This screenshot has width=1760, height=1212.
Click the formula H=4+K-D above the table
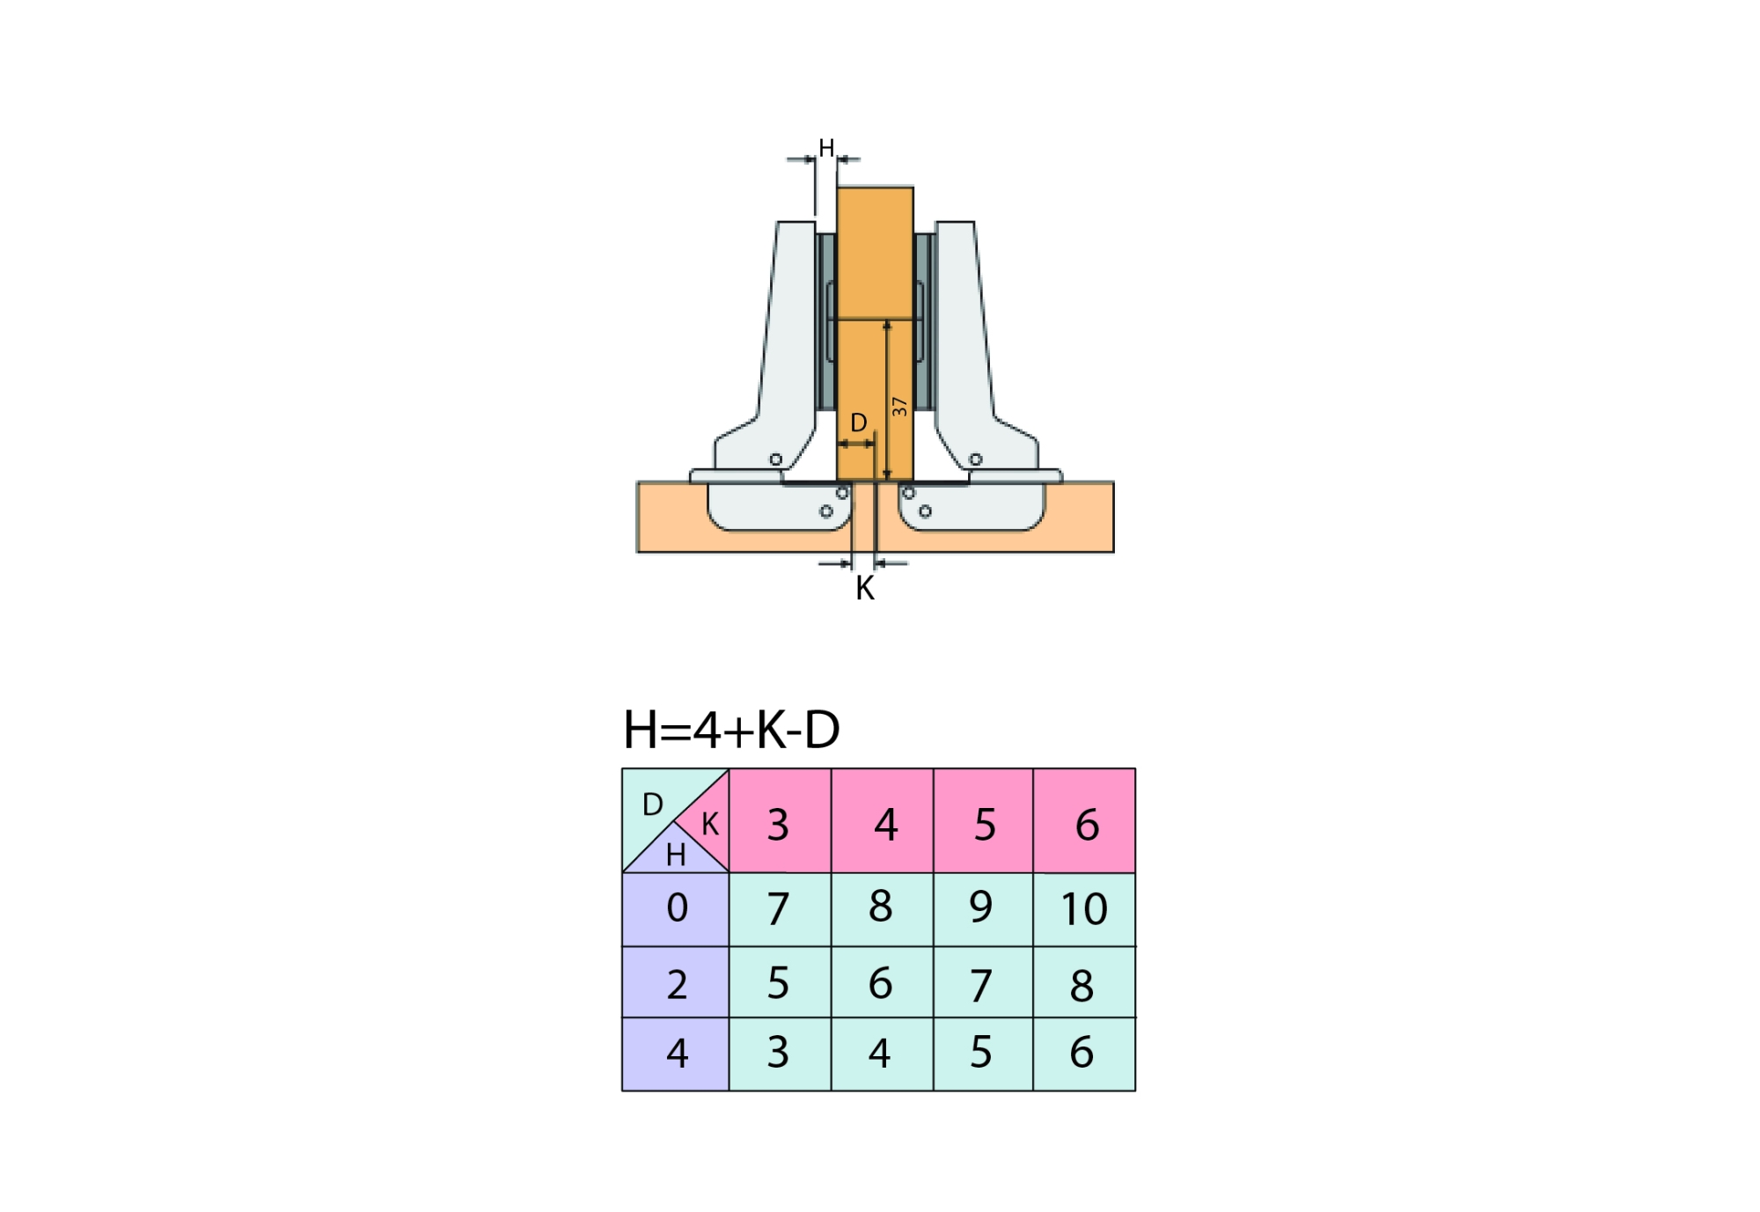point(731,730)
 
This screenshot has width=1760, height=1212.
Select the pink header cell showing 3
point(780,820)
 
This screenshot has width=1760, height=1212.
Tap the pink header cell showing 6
point(1084,820)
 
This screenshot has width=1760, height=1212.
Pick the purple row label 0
point(676,909)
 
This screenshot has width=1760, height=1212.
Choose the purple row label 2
point(676,982)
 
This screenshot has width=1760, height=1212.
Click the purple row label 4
point(676,1054)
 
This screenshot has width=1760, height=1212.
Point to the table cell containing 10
point(1084,909)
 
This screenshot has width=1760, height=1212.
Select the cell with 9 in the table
point(983,909)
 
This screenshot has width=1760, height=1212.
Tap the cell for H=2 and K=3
point(780,982)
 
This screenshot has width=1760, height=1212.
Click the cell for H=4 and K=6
point(1084,1054)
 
